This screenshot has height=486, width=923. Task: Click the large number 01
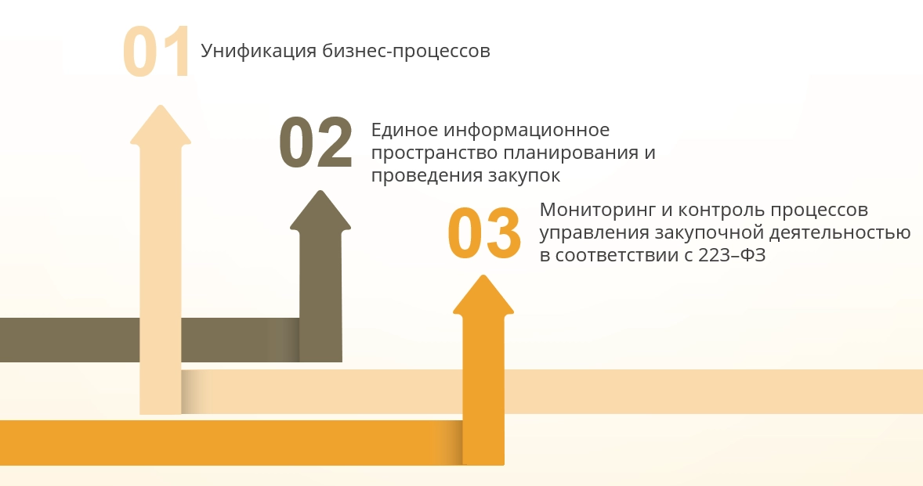click(x=157, y=51)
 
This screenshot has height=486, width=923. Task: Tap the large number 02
click(x=316, y=142)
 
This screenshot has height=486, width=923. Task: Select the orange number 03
click(x=484, y=233)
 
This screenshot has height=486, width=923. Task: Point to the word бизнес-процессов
click(x=406, y=51)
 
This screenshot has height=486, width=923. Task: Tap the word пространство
click(x=434, y=153)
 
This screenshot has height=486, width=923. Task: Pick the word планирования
click(x=570, y=153)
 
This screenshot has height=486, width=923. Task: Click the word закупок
click(x=524, y=176)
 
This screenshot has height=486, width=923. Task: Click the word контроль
click(x=721, y=210)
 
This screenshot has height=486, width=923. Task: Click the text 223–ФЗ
click(x=732, y=255)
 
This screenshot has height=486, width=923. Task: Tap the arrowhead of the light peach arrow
click(x=161, y=124)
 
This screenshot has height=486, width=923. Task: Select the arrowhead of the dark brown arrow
click(x=320, y=210)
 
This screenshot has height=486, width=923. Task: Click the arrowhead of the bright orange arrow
click(x=483, y=295)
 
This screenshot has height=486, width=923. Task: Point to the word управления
click(x=594, y=232)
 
